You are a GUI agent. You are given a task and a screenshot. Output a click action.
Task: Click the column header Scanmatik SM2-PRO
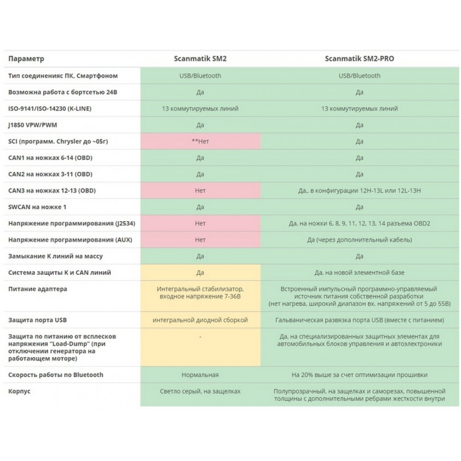(360, 59)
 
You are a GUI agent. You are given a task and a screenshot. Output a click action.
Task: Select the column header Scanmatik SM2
(200, 59)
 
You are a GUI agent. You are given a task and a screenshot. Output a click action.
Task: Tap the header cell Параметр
(26, 59)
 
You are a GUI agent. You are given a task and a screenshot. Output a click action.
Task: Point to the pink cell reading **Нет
(200, 142)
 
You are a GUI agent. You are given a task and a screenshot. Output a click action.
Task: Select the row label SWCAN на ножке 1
(37, 207)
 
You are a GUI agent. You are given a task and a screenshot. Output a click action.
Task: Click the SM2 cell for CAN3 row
(200, 190)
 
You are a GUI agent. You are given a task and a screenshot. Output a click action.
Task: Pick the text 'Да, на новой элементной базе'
(360, 272)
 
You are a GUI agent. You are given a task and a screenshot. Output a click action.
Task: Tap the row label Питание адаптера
(38, 289)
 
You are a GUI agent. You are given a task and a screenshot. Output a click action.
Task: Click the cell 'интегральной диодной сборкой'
(200, 320)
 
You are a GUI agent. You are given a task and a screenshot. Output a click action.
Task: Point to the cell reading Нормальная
(200, 375)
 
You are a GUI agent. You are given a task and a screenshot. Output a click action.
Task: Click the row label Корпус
(19, 391)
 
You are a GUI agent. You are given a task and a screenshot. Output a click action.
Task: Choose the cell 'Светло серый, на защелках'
(200, 391)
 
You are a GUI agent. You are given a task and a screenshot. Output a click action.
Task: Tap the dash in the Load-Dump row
(200, 337)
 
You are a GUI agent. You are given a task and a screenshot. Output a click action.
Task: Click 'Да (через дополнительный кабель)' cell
(360, 240)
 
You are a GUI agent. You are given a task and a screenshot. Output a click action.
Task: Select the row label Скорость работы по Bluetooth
(56, 375)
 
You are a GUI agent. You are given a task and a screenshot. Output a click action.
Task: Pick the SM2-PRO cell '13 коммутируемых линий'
(360, 109)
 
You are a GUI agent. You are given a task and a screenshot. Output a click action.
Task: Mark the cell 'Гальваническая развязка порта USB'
(360, 320)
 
